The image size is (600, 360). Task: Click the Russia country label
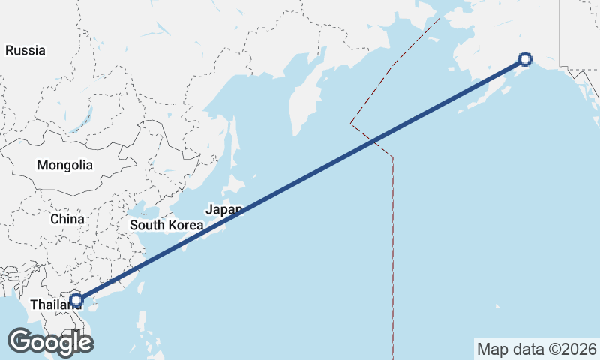(25, 51)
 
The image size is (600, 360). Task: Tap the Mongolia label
(65, 165)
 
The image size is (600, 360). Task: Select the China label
(67, 219)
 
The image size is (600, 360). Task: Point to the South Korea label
(166, 225)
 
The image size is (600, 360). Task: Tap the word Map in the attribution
(492, 349)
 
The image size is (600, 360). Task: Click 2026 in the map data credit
(577, 349)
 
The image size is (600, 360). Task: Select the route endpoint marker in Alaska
(525, 59)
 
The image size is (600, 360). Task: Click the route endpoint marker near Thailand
(76, 301)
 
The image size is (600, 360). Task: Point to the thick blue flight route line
(300, 180)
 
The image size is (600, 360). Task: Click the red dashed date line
(393, 247)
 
